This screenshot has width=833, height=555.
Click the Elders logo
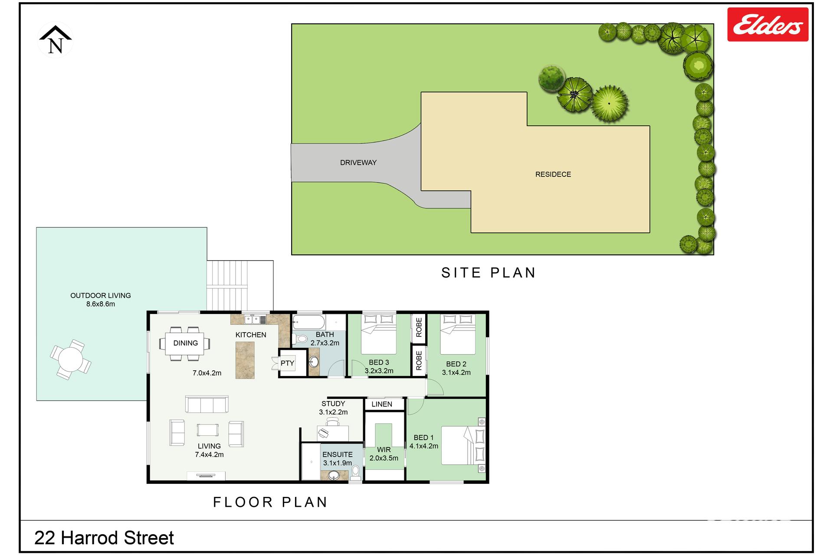pyautogui.click(x=767, y=24)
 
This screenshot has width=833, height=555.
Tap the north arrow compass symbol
pyautogui.click(x=56, y=39)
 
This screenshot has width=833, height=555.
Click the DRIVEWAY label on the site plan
pyautogui.click(x=358, y=163)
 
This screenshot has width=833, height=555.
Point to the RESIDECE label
pyautogui.click(x=553, y=174)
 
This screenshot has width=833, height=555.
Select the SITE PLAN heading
pyautogui.click(x=489, y=273)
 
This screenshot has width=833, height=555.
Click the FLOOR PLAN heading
pyautogui.click(x=270, y=502)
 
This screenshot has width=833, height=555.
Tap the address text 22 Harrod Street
pyautogui.click(x=104, y=538)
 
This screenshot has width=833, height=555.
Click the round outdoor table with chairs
pyautogui.click(x=71, y=360)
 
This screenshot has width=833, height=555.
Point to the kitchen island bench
pyautogui.click(x=245, y=360)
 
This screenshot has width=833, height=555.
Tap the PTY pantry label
pyautogui.click(x=287, y=363)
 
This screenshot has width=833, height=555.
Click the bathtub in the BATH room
pyautogui.click(x=308, y=323)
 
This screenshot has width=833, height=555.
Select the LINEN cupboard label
pyautogui.click(x=382, y=404)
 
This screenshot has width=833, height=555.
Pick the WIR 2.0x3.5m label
pyautogui.click(x=384, y=454)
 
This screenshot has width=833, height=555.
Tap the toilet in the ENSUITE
pyautogui.click(x=355, y=473)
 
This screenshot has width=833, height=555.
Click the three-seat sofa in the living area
pyautogui.click(x=207, y=404)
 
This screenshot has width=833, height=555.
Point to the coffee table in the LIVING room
pyautogui.click(x=207, y=430)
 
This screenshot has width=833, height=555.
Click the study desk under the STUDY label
pyautogui.click(x=333, y=433)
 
